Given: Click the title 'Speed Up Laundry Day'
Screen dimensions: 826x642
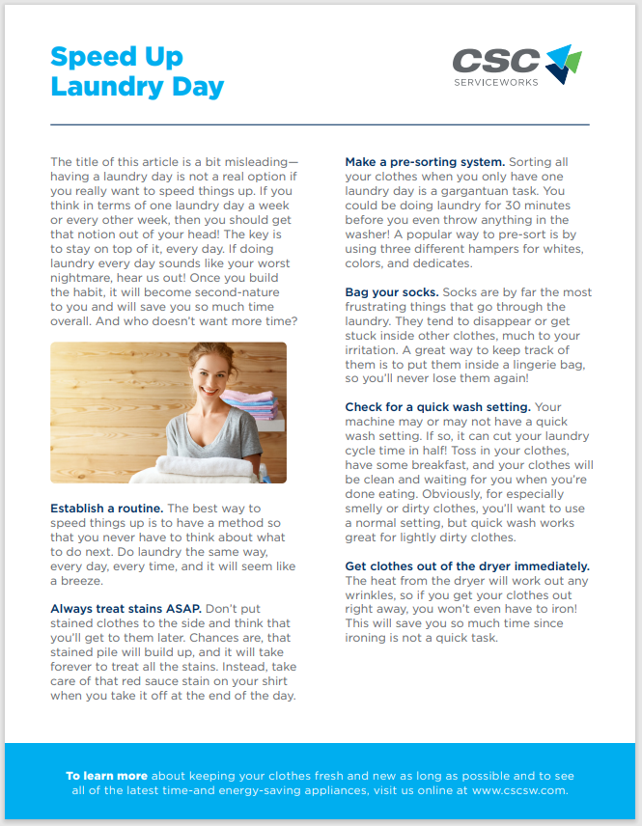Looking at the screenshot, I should click(136, 71).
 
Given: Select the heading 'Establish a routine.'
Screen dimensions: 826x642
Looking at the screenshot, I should click(106, 509).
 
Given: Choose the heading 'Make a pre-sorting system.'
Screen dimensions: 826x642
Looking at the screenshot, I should click(425, 162).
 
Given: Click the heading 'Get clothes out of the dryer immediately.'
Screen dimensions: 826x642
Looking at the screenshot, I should click(467, 565).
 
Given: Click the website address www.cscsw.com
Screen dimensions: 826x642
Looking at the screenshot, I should click(519, 789).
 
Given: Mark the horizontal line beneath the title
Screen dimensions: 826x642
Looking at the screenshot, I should click(320, 124).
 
